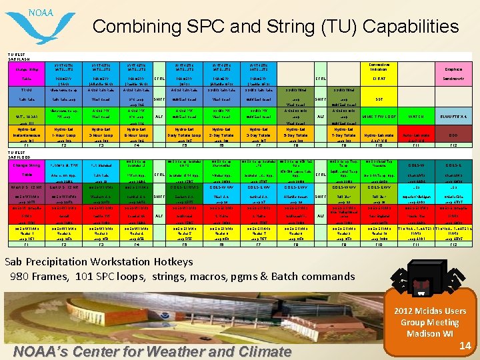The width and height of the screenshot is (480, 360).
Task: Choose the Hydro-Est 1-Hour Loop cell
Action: click(65, 134)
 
